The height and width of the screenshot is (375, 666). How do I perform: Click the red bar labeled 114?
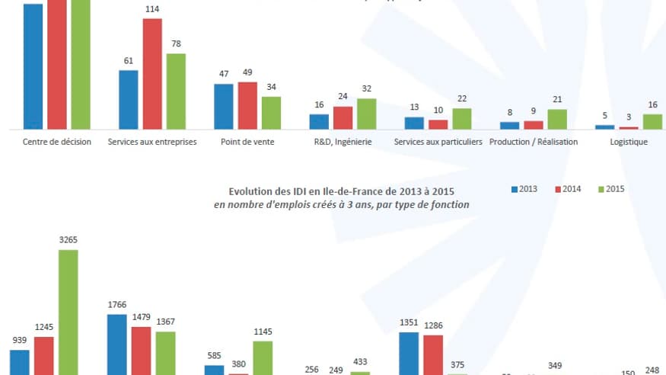(152, 73)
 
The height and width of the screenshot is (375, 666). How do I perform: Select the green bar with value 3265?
(69, 312)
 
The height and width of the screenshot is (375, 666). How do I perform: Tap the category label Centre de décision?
(57, 142)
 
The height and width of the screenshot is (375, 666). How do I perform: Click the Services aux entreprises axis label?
(152, 142)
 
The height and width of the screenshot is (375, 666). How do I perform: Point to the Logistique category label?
(629, 142)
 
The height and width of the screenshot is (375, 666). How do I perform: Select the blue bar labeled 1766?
(116, 344)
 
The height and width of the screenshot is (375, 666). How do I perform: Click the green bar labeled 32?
(366, 113)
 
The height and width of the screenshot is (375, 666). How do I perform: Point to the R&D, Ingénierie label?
(343, 142)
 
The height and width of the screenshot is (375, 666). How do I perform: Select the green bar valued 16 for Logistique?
(652, 121)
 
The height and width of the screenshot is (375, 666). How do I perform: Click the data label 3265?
(69, 239)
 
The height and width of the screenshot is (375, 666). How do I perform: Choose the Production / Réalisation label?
(534, 142)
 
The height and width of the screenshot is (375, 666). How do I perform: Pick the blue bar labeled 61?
(129, 99)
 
